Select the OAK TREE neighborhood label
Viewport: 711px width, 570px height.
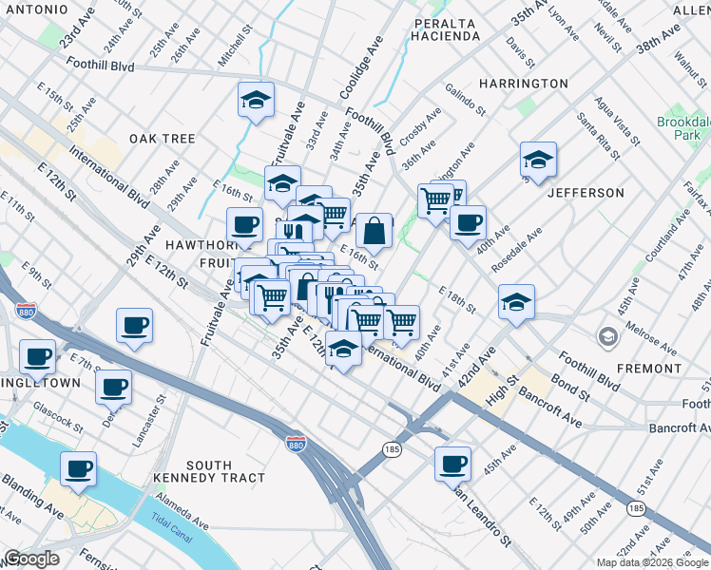pyautogui.click(x=163, y=139)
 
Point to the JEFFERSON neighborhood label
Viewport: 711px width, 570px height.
pyautogui.click(x=586, y=193)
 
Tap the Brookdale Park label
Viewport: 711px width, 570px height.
pyautogui.click(x=682, y=129)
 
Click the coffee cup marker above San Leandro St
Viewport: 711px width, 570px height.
pyautogui.click(x=453, y=464)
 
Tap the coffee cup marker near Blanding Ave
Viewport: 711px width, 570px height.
pyautogui.click(x=79, y=467)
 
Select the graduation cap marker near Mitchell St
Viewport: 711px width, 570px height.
pyautogui.click(x=256, y=100)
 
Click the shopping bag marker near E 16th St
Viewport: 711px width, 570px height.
pyautogui.click(x=375, y=229)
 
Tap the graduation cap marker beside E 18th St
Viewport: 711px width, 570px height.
pyautogui.click(x=516, y=301)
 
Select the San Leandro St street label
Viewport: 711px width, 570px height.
pyautogui.click(x=481, y=519)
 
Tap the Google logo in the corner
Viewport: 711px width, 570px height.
pyautogui.click(x=31, y=559)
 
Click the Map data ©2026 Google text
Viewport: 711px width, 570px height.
pyautogui.click(x=651, y=562)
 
